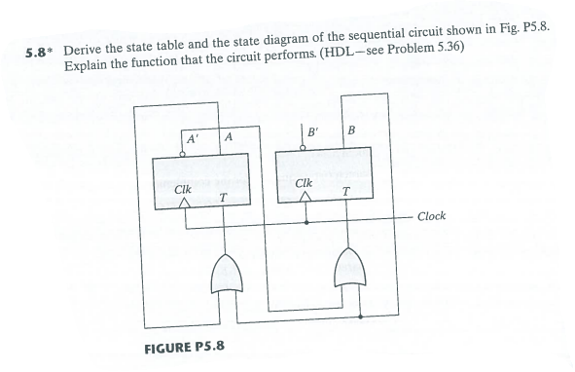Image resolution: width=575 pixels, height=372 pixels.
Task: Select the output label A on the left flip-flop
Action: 228,137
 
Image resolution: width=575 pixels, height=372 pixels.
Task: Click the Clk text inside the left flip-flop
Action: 181,185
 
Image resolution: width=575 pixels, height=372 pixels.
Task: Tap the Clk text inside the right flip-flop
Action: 305,182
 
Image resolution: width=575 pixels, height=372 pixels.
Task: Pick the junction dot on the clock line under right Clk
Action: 308,223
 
